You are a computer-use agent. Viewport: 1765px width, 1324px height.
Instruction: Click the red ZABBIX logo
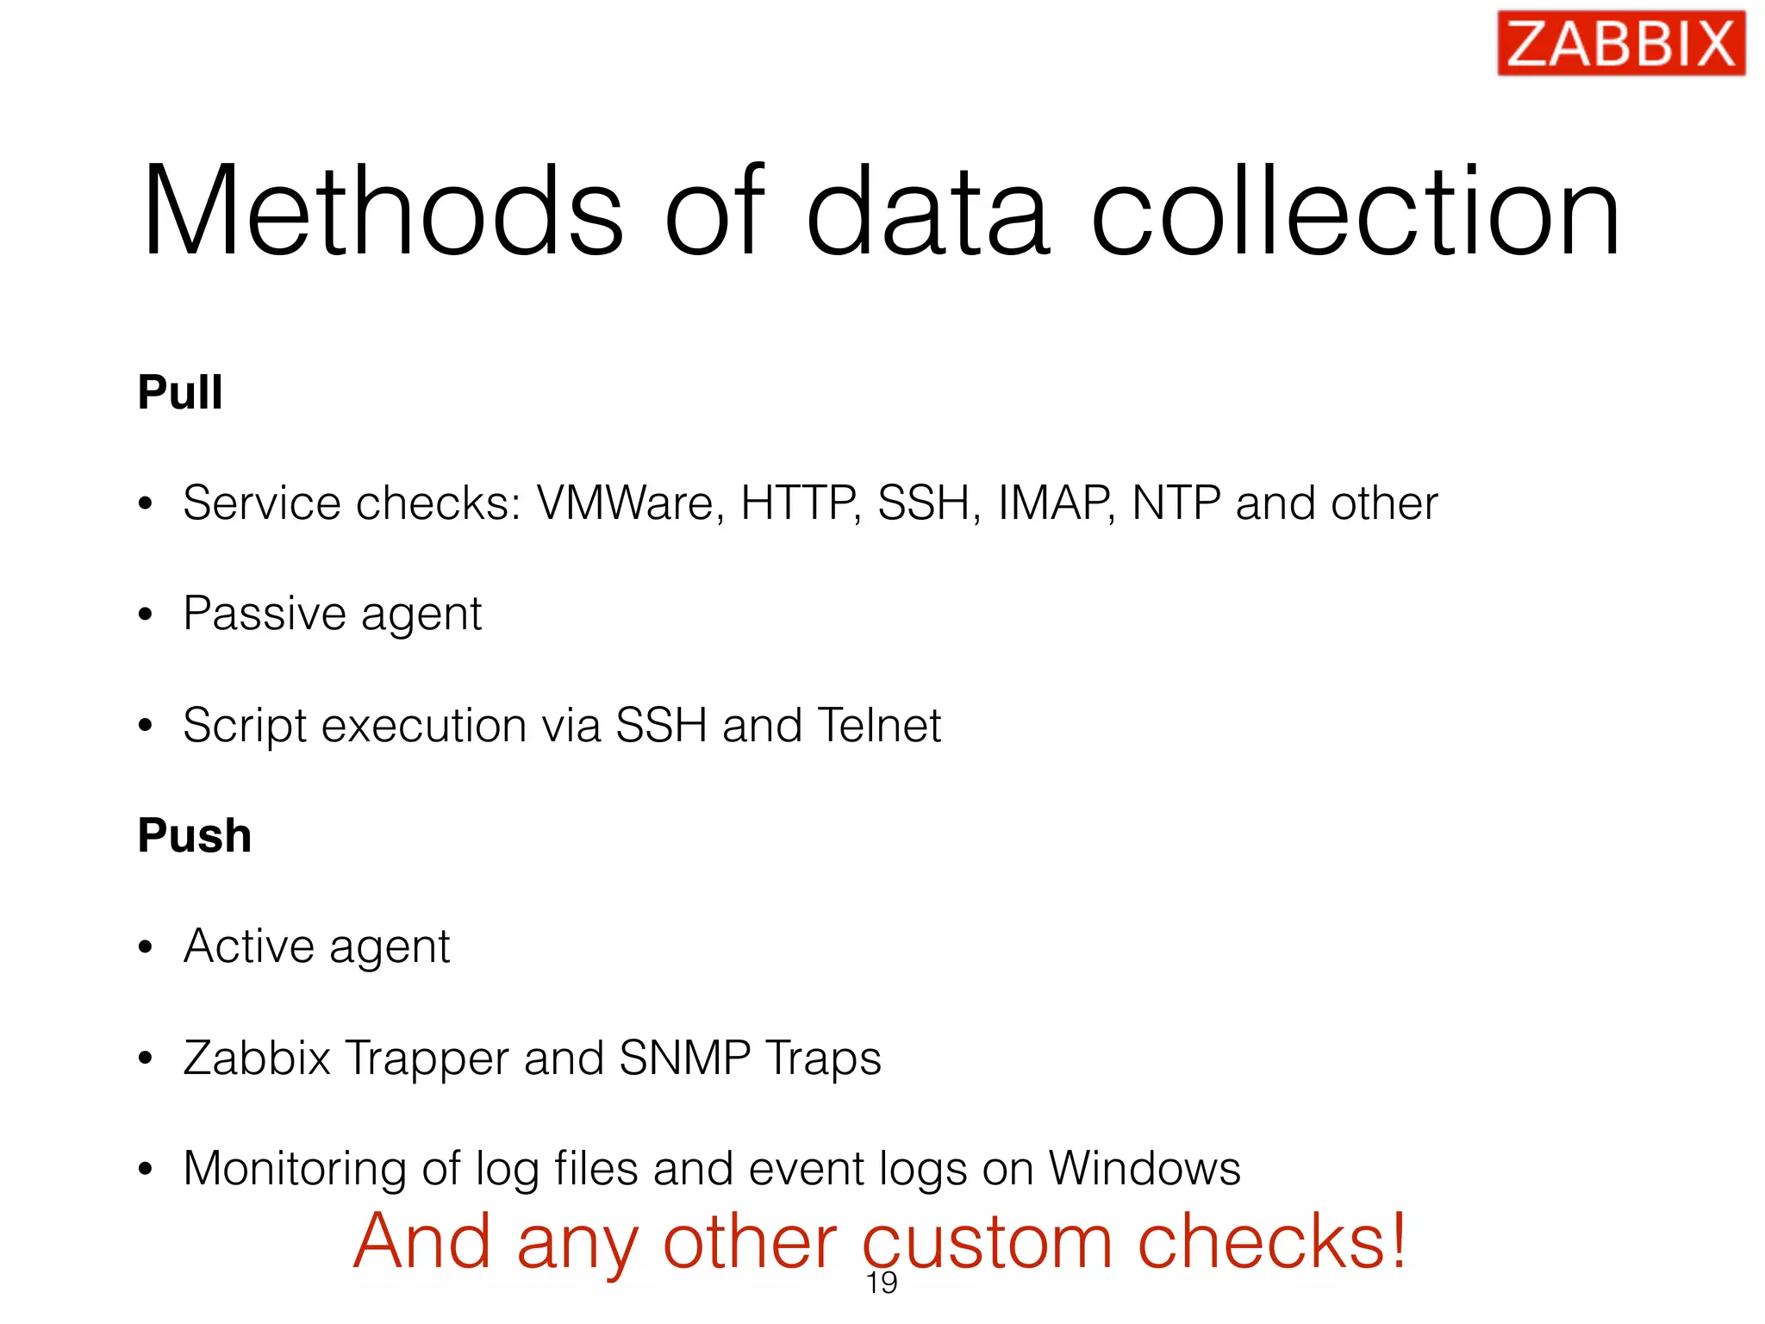(x=1621, y=43)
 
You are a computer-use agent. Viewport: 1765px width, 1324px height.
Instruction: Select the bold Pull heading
(x=180, y=393)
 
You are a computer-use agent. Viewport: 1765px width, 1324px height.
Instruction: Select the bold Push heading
(x=195, y=836)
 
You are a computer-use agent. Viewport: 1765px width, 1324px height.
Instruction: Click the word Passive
(x=265, y=614)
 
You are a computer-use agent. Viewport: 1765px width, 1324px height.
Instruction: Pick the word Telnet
(x=879, y=725)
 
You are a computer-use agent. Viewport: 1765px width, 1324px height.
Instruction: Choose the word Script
(x=245, y=725)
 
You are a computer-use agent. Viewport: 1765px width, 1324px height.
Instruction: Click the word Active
(x=249, y=946)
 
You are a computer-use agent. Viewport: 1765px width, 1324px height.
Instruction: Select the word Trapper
(x=427, y=1059)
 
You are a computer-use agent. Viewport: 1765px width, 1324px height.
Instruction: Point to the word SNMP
(x=685, y=1058)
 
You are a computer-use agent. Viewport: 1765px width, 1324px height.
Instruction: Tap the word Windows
(x=1144, y=1169)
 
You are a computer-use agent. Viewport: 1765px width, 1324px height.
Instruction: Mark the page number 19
(x=882, y=1283)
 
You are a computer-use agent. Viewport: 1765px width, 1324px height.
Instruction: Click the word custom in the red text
(x=988, y=1243)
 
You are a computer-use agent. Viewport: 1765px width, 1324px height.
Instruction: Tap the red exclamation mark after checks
(x=1398, y=1240)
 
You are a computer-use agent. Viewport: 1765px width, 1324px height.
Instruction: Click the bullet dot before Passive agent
(x=146, y=615)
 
